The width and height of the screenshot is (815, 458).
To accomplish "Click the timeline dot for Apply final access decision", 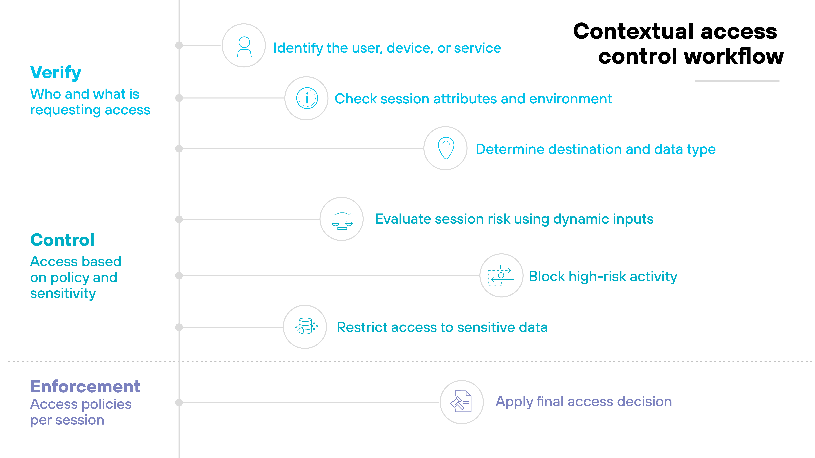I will point(179,402).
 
